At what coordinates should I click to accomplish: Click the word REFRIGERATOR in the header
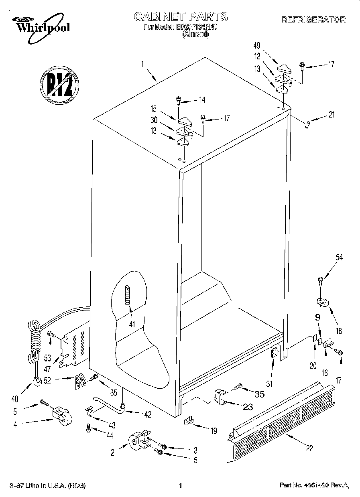[x=313, y=20]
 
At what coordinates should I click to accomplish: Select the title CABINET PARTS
[x=180, y=17]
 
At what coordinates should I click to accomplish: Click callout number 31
[x=269, y=384]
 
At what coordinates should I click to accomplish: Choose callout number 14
[x=202, y=100]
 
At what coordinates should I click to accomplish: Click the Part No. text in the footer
[x=313, y=486]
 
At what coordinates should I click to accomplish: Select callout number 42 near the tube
[x=148, y=415]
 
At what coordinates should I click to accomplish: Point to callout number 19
[x=214, y=431]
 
